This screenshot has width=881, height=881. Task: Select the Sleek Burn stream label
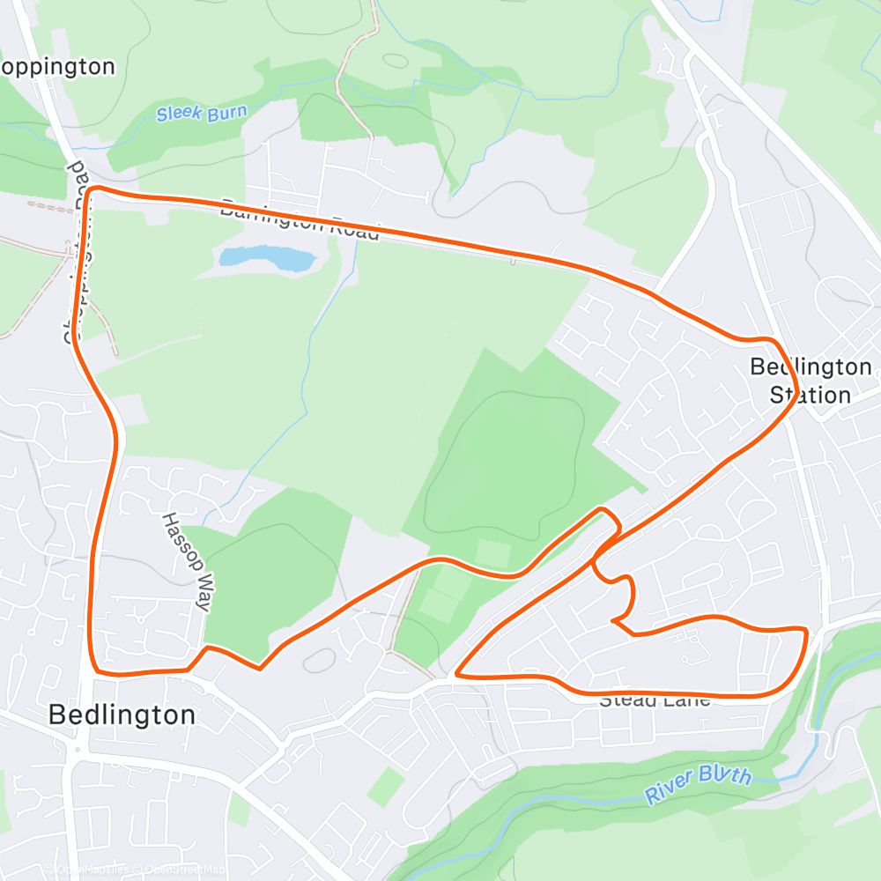202,113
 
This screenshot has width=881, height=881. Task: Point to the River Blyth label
699,783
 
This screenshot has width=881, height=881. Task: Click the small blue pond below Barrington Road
266,258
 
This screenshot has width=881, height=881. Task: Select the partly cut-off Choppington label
58,67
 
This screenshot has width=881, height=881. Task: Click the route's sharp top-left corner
91,189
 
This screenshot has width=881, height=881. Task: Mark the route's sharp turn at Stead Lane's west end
455,676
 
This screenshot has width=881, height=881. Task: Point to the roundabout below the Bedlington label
78,751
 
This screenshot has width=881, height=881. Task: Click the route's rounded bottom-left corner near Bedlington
97,671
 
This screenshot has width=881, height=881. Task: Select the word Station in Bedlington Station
811,395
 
